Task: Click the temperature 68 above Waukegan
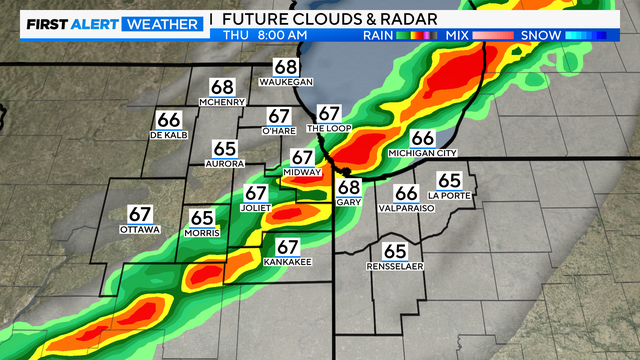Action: tap(285, 67)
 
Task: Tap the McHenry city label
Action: tap(222, 102)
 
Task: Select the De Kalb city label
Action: tap(168, 134)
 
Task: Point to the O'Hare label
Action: tap(279, 131)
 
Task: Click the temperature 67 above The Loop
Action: tap(329, 114)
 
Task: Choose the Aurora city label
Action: tap(224, 163)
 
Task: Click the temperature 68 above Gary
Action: tap(348, 187)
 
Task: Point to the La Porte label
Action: tap(448, 194)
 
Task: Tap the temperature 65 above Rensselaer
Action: tap(395, 251)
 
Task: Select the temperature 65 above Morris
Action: tap(202, 217)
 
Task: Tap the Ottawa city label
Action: tap(139, 229)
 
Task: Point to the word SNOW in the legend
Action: tap(539, 35)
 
